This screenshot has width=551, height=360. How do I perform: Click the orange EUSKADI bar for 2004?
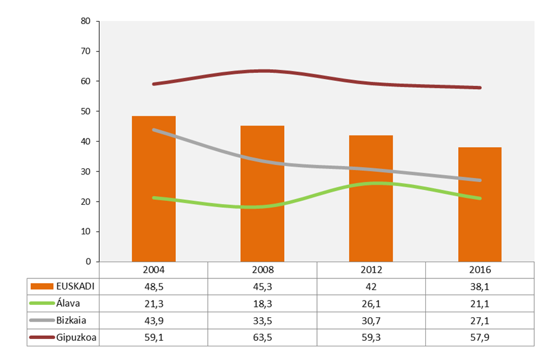(154, 189)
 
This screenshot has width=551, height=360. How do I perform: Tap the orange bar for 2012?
(371, 199)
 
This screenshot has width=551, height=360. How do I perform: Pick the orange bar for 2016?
(480, 204)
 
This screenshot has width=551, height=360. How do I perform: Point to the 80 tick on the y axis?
(86, 21)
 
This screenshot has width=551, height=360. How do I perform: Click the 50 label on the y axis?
(86, 111)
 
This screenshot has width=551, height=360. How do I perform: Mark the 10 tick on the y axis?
(86, 231)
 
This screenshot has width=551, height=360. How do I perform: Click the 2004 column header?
(154, 270)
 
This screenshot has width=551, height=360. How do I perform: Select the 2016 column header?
(480, 270)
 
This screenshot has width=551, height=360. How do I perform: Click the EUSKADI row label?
(76, 286)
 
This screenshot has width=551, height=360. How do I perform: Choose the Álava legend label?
(69, 303)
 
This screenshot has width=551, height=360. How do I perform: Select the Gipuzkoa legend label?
(76, 336)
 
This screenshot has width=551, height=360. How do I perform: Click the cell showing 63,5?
(262, 336)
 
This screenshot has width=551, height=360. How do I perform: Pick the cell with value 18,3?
(262, 303)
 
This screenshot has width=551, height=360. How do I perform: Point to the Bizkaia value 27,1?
(480, 320)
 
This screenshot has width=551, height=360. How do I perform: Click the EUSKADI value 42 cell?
(371, 286)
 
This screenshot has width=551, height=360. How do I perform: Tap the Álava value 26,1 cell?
(371, 303)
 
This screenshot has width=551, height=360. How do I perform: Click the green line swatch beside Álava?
(42, 303)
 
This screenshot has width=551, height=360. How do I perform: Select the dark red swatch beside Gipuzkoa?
(42, 336)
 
